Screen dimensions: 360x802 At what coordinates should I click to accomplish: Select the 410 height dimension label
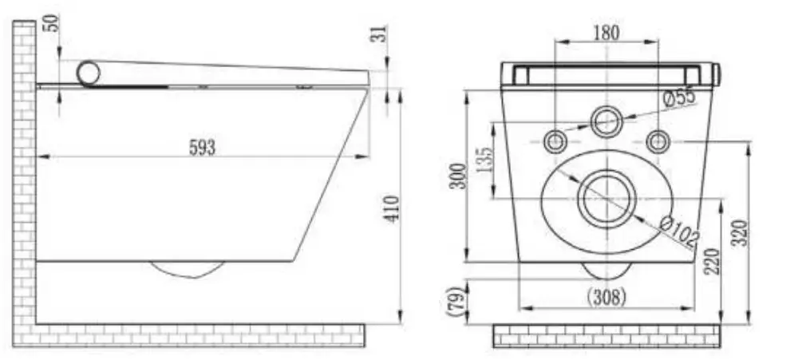(393, 208)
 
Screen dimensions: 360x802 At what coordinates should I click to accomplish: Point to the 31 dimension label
(381, 34)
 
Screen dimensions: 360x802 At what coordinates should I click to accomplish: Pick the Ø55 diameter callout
(679, 97)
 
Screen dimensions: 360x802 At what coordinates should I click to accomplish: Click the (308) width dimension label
(606, 297)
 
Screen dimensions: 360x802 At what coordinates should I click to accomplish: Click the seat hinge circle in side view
(89, 73)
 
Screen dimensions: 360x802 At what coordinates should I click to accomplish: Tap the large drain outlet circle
(606, 198)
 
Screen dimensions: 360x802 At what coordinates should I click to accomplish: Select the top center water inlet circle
(606, 122)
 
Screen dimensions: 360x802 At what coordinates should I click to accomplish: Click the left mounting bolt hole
(555, 142)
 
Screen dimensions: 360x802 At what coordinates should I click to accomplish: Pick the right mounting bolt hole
(658, 142)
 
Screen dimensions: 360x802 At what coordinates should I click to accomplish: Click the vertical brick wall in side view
(24, 176)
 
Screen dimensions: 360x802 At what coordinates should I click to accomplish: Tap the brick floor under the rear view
(606, 335)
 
